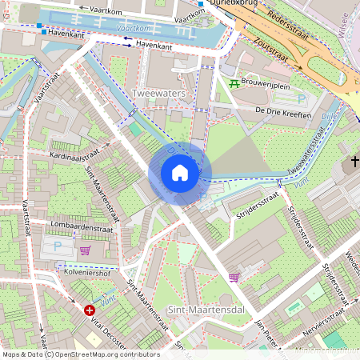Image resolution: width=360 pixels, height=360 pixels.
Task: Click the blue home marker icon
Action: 180,172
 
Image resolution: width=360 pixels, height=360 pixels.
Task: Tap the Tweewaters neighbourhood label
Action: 158,94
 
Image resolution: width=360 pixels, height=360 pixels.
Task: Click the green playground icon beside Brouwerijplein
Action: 234,82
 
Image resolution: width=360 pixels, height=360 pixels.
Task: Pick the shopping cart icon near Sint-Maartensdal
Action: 234,278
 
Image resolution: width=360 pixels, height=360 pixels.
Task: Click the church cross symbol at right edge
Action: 354,163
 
